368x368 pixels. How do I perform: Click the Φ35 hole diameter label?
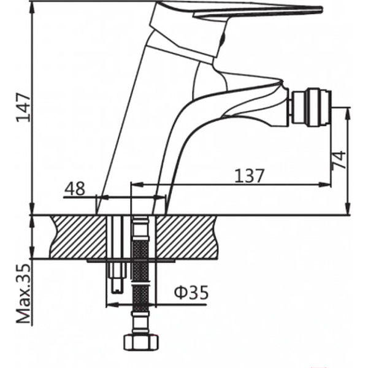(191, 293)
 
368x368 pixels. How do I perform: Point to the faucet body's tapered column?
(132, 123)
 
